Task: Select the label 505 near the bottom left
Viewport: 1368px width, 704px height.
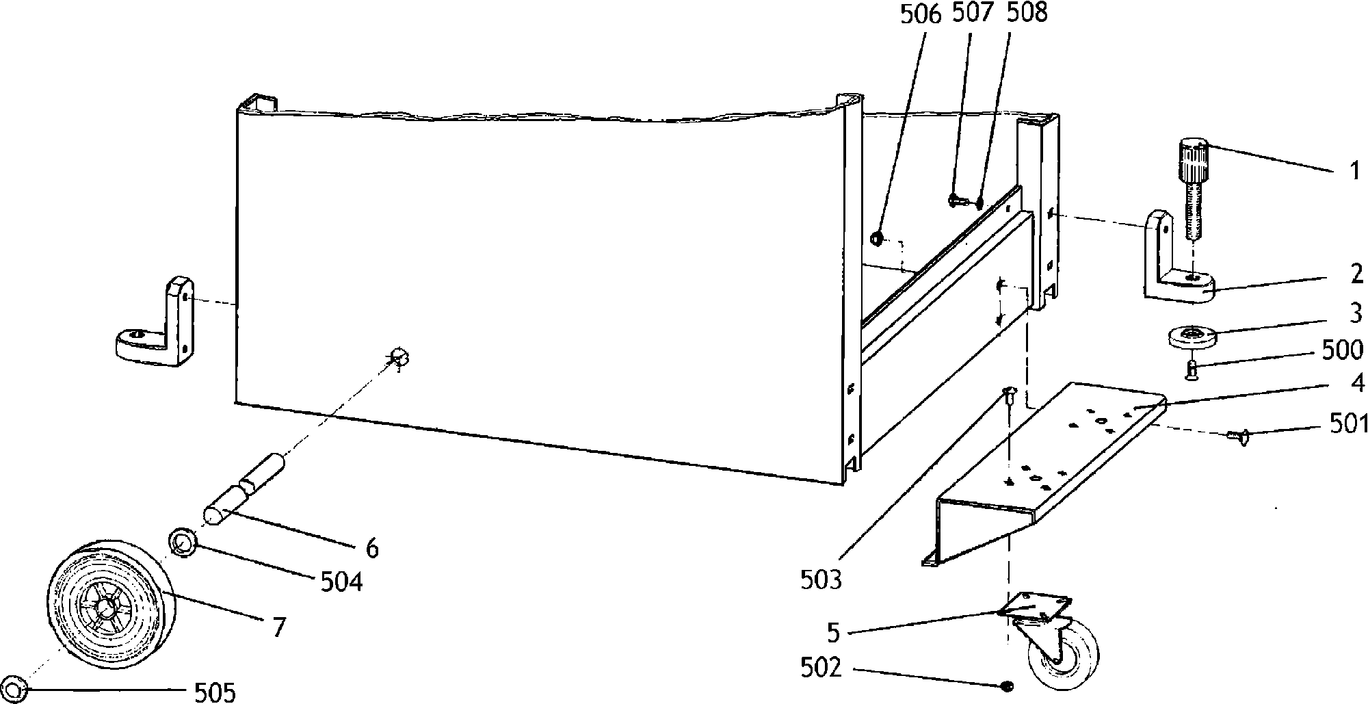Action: point(215,692)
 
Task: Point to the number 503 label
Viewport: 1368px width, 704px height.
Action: point(821,579)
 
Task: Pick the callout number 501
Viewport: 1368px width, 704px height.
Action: point(1347,425)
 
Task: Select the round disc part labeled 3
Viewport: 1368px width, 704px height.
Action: point(1192,337)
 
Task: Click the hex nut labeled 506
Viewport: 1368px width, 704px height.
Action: point(876,239)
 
